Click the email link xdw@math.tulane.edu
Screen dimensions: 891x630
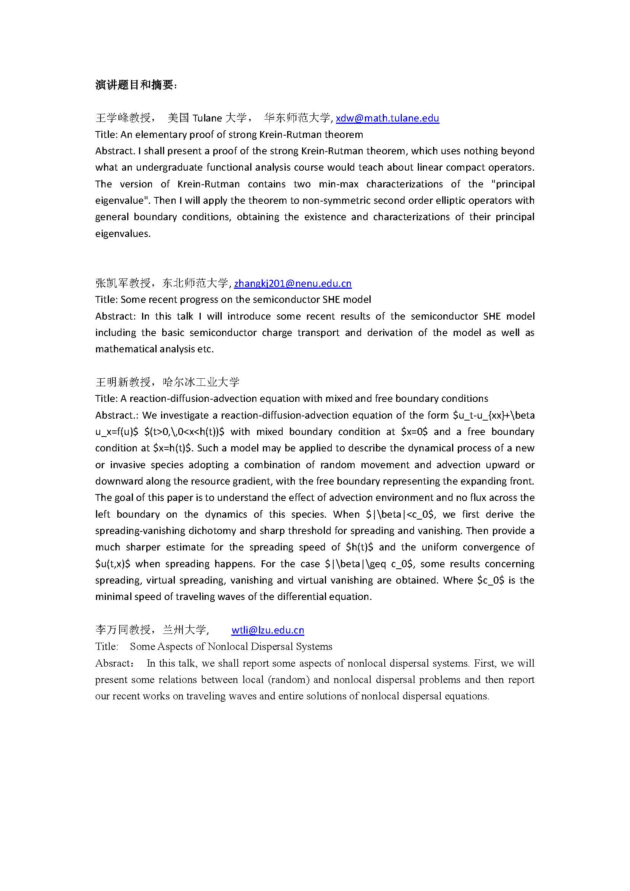(x=387, y=118)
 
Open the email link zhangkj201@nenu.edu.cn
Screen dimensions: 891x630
(x=293, y=283)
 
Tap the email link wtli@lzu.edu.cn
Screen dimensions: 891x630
(x=268, y=630)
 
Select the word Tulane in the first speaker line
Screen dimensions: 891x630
(x=207, y=118)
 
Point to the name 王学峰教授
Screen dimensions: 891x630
(x=123, y=118)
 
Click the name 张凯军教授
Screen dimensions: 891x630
(x=123, y=283)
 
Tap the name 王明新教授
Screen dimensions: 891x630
(x=123, y=382)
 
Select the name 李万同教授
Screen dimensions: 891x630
(x=123, y=630)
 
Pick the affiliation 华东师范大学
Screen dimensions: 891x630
(x=297, y=118)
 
